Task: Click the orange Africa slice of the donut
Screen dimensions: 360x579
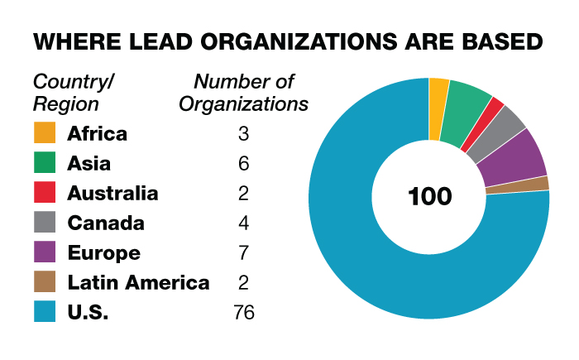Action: pos(438,98)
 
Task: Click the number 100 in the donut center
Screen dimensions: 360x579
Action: pos(429,197)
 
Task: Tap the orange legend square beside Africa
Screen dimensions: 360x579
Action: pos(45,133)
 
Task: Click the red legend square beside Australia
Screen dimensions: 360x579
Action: pos(45,193)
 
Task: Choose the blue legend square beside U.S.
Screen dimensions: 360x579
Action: pos(45,312)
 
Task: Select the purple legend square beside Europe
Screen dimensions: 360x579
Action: pos(45,252)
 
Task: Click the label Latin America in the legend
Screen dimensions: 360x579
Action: pos(138,282)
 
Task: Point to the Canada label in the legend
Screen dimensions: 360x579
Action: pos(106,223)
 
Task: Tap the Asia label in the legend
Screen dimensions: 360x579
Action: pos(89,163)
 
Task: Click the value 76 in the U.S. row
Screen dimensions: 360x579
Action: pos(243,312)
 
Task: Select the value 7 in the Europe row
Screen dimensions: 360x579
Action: pos(243,252)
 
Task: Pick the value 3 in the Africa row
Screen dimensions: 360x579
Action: pos(243,133)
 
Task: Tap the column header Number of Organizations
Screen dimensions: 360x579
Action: pos(243,93)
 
